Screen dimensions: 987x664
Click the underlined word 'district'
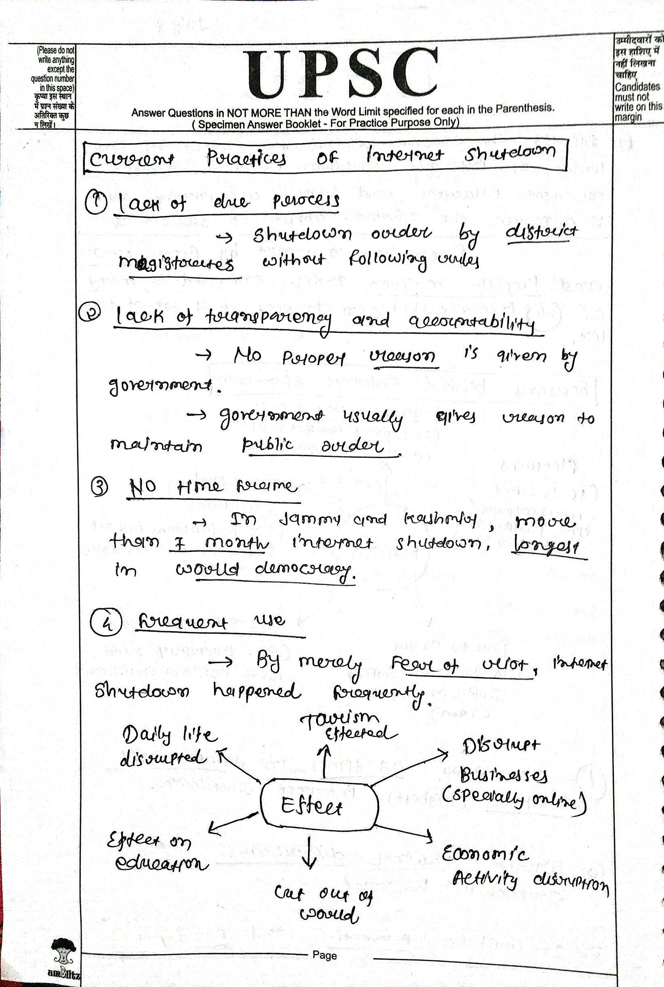[542, 232]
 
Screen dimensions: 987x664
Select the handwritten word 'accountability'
[472, 323]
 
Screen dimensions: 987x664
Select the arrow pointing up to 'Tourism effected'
[325, 761]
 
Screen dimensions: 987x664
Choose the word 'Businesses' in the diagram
[504, 775]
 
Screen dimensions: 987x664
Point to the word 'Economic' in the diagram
[485, 854]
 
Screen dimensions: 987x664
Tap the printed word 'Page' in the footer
[325, 955]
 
